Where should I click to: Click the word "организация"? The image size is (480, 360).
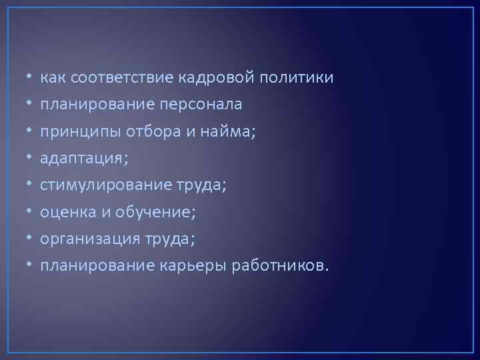point(89,239)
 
